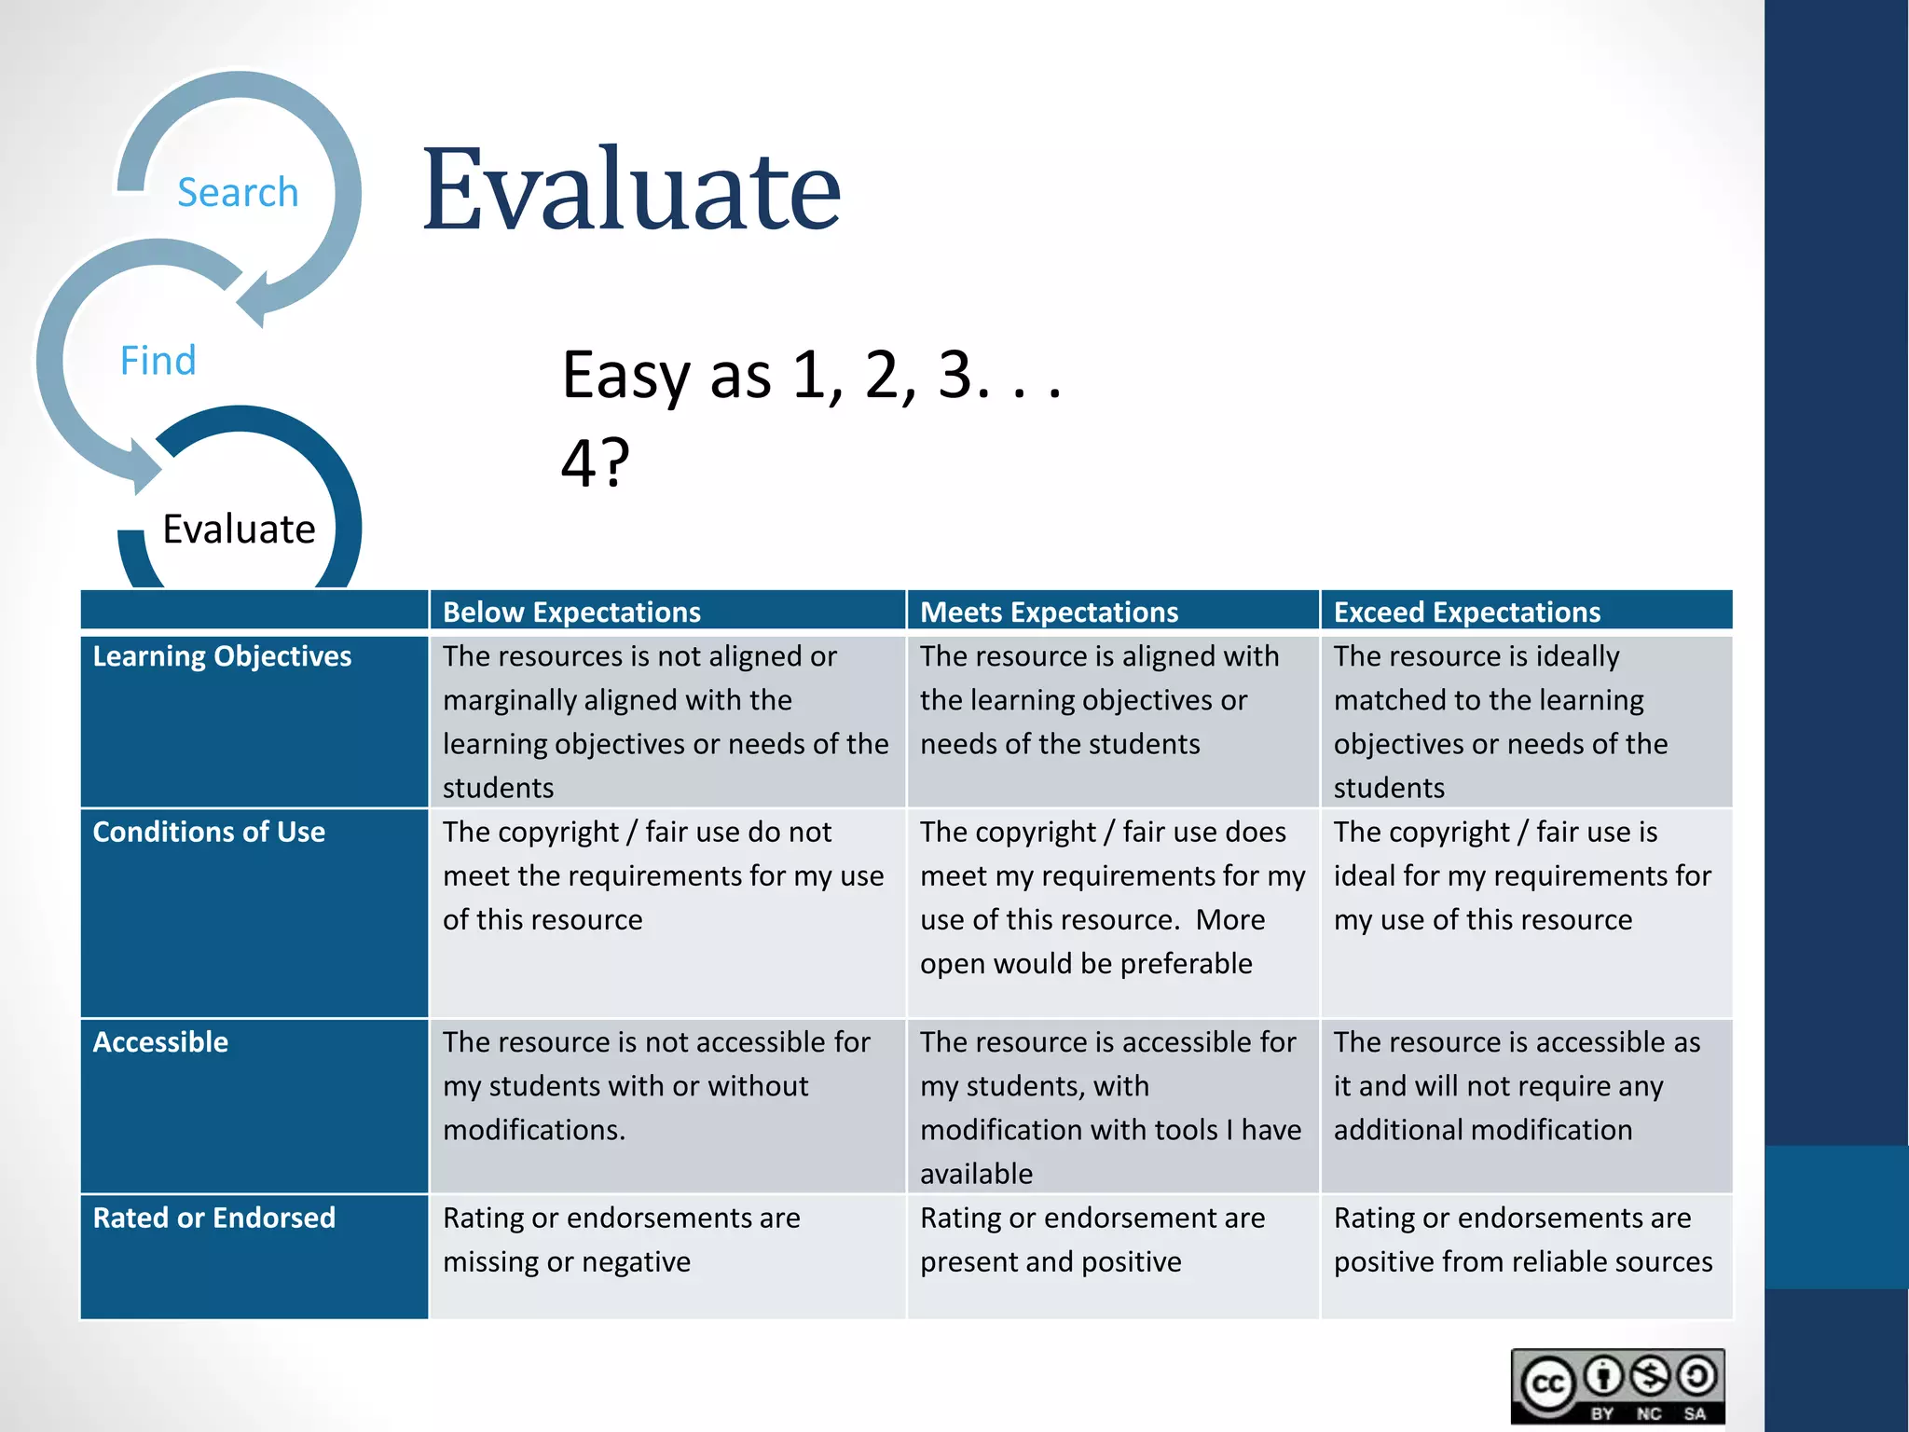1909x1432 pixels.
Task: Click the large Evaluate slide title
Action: coord(631,190)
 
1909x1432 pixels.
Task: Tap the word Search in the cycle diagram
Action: coord(238,193)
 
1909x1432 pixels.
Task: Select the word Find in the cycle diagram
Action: coord(158,361)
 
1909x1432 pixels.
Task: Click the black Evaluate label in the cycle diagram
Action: coord(239,529)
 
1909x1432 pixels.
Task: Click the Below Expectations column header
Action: coord(571,612)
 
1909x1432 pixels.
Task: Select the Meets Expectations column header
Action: coord(1049,612)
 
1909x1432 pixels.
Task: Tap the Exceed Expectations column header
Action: coord(1466,612)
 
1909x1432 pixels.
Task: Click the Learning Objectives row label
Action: coord(222,656)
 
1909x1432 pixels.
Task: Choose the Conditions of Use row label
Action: coord(209,832)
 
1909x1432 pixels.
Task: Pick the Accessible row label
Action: coord(160,1041)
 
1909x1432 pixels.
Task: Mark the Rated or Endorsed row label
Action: coord(213,1218)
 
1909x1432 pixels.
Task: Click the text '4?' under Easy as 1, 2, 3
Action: coord(595,462)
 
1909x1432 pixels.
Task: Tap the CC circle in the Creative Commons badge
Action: coord(1548,1384)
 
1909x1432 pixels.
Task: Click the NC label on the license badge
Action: coord(1649,1413)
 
